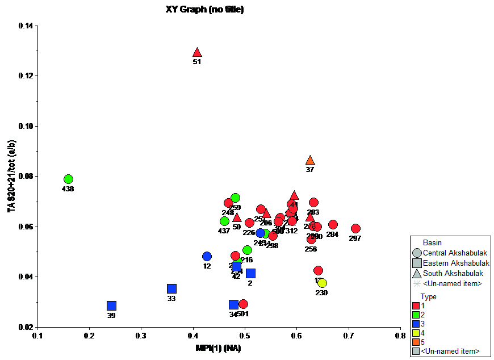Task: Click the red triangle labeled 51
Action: pos(197,53)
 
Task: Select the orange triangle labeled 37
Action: pos(310,161)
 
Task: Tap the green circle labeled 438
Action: pos(68,179)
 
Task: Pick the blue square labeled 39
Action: pos(111,306)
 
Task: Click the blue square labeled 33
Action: pos(171,289)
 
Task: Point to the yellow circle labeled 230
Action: pos(322,283)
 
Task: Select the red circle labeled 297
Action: pos(355,229)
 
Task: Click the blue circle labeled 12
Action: pos(207,257)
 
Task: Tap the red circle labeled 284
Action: pos(333,225)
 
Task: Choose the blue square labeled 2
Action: pos(250,274)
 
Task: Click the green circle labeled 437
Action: pos(224,221)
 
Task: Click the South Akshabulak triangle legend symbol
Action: pos(417,273)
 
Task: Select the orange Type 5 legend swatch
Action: pos(416,342)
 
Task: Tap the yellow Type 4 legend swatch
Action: pos(416,333)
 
